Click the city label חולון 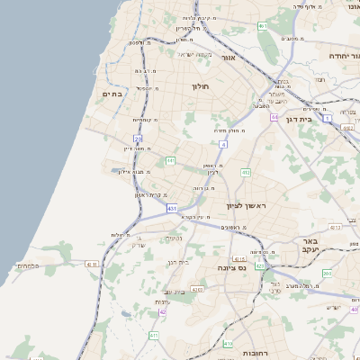(x=200, y=86)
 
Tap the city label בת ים (x=112, y=94)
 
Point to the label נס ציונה (x=231, y=267)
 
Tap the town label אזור (x=228, y=57)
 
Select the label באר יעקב (x=311, y=246)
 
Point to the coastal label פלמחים (x=27, y=266)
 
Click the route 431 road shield (x=171, y=208)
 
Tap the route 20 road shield (x=138, y=139)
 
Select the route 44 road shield (x=274, y=117)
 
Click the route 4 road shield (x=222, y=144)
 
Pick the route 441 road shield (x=170, y=161)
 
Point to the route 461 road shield (x=262, y=26)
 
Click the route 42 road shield (x=163, y=312)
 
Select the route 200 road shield (x=327, y=273)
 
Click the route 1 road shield (x=328, y=118)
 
